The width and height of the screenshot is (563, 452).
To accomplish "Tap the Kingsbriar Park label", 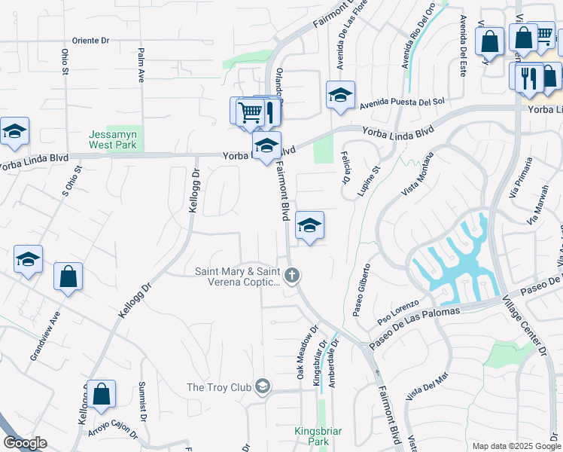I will click(318, 436).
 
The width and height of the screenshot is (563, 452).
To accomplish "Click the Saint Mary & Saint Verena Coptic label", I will click(238, 277).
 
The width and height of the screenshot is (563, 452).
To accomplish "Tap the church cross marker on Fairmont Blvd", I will click(292, 276).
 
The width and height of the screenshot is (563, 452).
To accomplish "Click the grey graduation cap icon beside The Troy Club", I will click(262, 387).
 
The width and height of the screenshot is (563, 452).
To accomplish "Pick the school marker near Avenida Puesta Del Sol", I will click(340, 96).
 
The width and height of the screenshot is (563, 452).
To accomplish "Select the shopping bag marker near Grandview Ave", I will click(68, 276).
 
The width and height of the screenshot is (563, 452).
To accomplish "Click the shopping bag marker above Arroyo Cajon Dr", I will click(101, 394).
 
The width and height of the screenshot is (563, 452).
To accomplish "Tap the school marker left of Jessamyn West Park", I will click(14, 133).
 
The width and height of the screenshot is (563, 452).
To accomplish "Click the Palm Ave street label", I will click(141, 66).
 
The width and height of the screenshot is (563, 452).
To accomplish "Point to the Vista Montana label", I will click(418, 174).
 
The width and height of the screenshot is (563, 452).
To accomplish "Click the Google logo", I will click(25, 443).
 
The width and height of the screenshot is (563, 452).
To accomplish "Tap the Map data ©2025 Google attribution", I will click(516, 446).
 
